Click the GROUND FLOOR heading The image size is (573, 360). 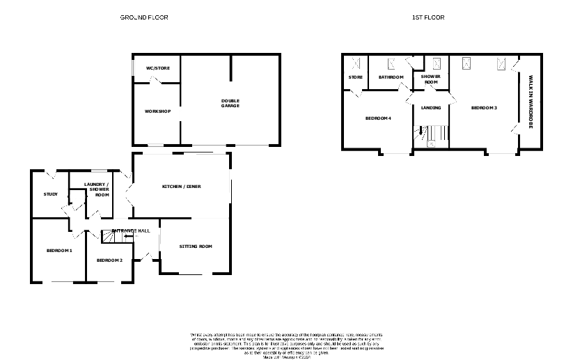[143, 17]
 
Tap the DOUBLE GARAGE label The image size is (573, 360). [230, 103]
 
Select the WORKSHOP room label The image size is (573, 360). [157, 111]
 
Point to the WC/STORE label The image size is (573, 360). [157, 68]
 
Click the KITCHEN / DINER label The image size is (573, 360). [181, 187]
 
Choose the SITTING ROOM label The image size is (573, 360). [195, 246]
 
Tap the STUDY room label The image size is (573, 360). [50, 194]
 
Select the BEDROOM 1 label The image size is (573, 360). [59, 251]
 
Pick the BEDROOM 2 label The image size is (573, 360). [109, 260]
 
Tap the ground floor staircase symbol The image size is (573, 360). [111, 237]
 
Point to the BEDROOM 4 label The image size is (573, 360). [378, 118]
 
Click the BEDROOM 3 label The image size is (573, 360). [484, 108]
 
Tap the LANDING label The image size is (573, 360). [430, 108]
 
